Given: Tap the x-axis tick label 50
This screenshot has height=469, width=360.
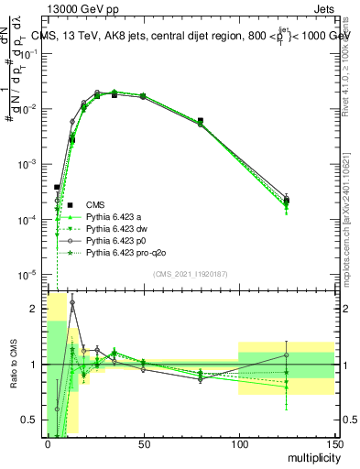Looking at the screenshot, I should point(143,442).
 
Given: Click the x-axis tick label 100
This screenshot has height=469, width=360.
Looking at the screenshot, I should point(238,442).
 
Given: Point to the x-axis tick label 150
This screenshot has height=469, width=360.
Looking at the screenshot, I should point(333,442).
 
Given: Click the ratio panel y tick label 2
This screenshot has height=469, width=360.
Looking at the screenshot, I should point(33,309).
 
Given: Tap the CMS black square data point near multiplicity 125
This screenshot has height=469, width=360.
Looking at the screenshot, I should point(287,200).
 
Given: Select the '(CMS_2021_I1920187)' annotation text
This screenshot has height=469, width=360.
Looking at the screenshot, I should point(191,273).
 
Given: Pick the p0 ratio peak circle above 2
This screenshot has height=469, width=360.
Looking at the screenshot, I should point(72,302).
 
